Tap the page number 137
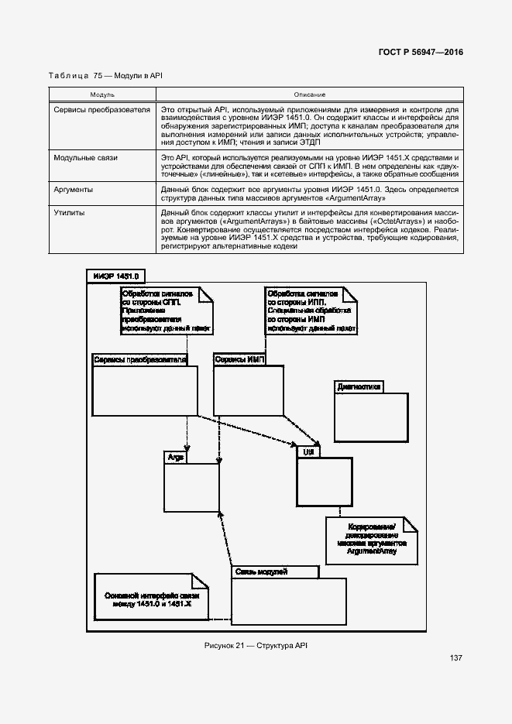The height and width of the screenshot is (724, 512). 455,658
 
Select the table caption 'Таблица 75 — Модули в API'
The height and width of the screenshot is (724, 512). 105,76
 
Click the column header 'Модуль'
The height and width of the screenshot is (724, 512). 102,94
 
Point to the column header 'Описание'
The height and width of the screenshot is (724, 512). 309,94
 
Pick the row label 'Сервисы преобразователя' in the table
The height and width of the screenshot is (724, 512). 101,110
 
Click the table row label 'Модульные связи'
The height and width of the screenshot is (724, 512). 86,157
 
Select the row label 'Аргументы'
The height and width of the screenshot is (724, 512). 74,189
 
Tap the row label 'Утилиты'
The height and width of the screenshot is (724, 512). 70,211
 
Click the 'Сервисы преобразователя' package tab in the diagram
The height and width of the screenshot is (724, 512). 140,360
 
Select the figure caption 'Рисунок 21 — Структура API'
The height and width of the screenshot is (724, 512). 256,645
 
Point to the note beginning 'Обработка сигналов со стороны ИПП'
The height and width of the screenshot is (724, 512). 308,311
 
